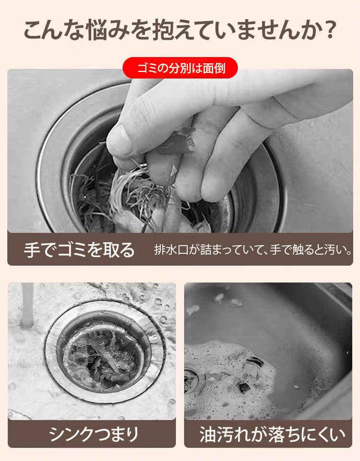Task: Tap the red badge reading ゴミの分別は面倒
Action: click(x=180, y=68)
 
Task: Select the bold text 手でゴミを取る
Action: click(x=79, y=250)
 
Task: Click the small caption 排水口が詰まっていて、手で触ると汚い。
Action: click(x=253, y=250)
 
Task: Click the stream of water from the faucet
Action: click(x=27, y=305)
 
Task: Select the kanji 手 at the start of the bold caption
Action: click(x=32, y=250)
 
